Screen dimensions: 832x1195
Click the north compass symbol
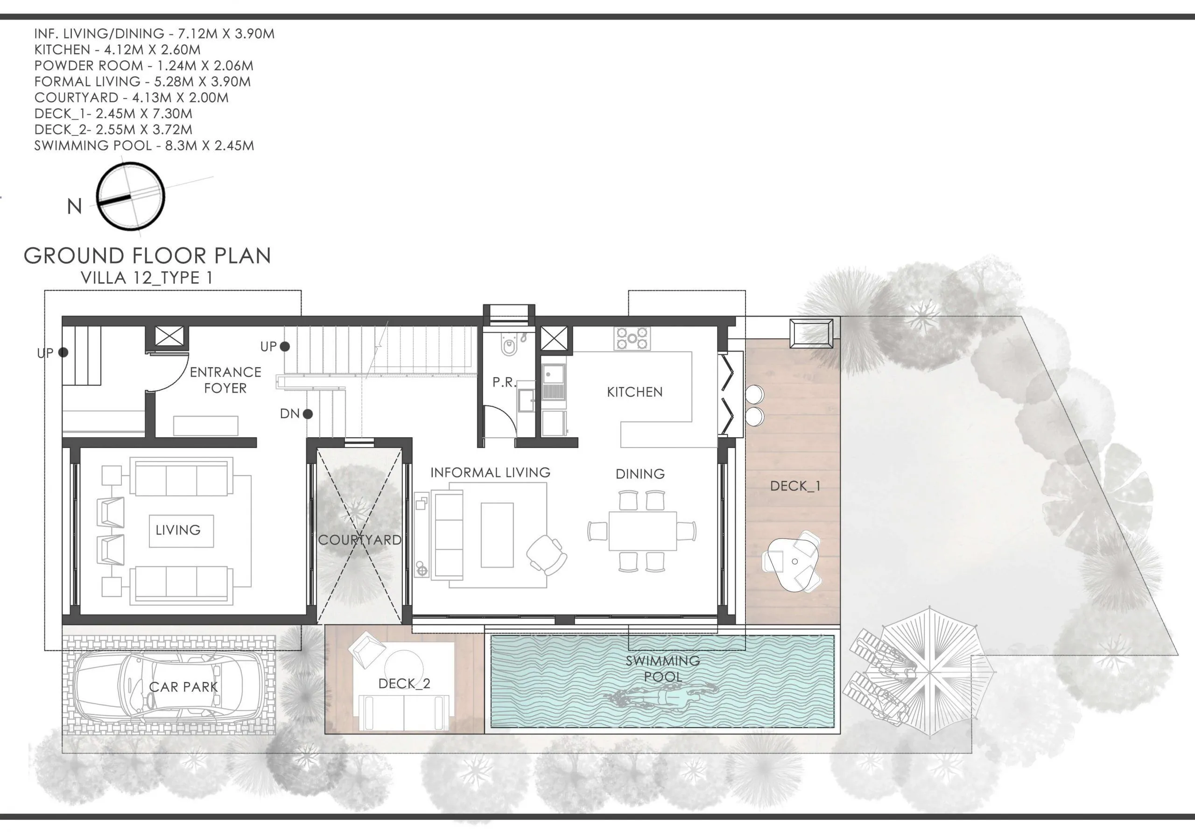point(131,196)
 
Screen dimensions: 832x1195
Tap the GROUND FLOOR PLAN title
point(148,256)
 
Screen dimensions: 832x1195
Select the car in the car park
point(168,687)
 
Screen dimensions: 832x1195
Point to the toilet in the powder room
point(508,345)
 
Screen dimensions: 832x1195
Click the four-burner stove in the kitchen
point(632,338)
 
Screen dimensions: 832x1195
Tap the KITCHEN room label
point(634,392)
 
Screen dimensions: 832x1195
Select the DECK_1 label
point(795,486)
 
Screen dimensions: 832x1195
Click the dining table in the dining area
point(642,531)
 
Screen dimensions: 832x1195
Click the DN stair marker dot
point(308,414)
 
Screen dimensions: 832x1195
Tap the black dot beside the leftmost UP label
point(63,352)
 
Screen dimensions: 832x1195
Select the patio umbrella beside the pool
point(930,673)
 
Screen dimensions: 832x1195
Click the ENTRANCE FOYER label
point(225,380)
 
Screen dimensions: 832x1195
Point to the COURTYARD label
point(359,539)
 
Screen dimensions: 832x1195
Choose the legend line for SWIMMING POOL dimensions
point(144,146)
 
